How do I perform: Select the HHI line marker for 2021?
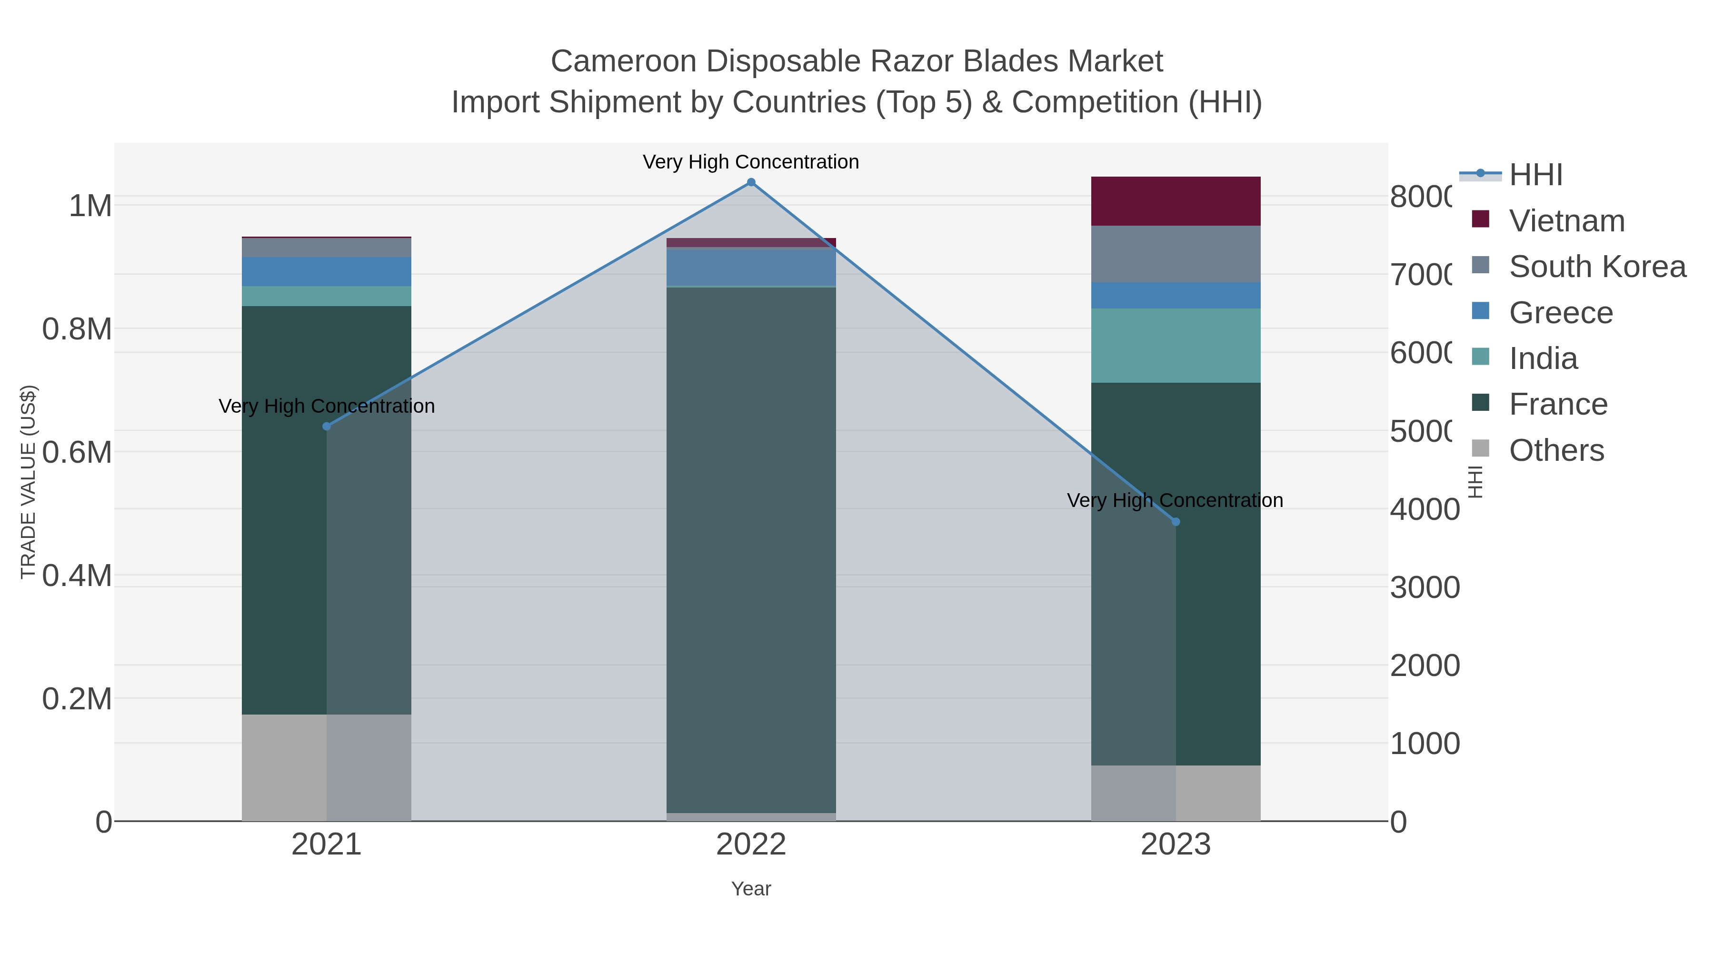326,427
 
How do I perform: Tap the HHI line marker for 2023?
1176,522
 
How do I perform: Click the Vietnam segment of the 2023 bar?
1176,201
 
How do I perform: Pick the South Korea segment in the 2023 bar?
1176,254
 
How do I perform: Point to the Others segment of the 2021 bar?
326,768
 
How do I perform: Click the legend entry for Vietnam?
1566,221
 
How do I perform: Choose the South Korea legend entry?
1597,267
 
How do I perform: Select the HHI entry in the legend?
1535,175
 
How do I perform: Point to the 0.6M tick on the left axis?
77,452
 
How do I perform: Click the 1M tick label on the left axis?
90,206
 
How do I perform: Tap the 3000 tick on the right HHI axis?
1425,587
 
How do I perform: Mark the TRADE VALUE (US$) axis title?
28,482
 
